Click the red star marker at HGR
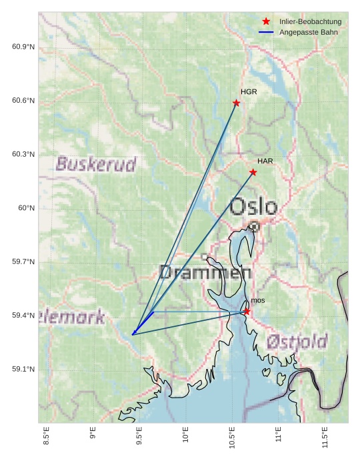(237, 103)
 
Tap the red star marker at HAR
(253, 172)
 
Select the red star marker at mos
(247, 312)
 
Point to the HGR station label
(249, 92)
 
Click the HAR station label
(265, 161)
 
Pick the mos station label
(258, 301)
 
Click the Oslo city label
(253, 206)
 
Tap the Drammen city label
(205, 272)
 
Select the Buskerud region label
(96, 164)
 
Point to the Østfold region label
(297, 342)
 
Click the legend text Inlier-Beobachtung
(310, 22)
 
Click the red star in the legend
(266, 21)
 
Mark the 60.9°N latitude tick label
(23, 47)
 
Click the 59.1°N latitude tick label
(23, 370)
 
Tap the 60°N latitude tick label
(26, 208)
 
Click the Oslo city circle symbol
(254, 227)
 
